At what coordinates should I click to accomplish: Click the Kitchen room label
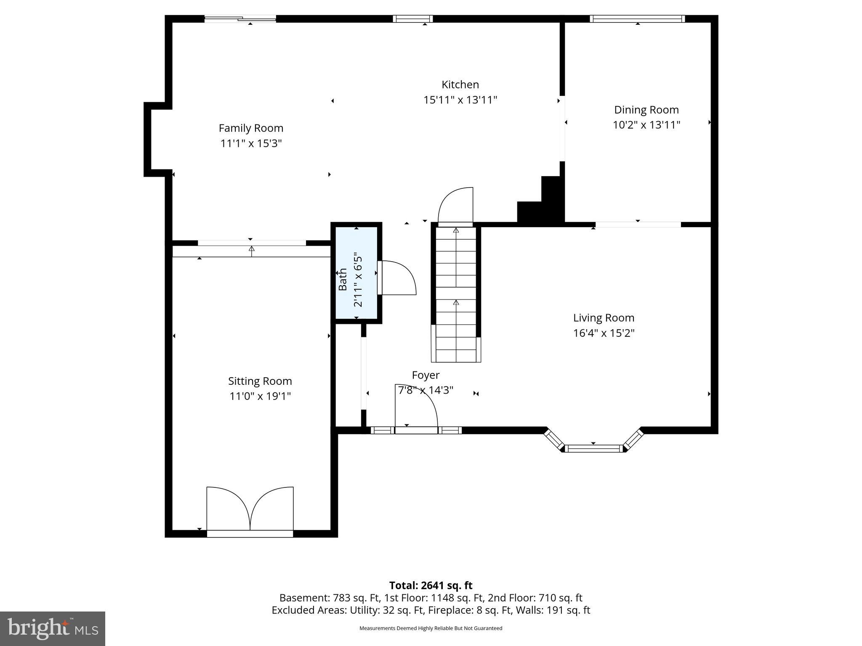(460, 85)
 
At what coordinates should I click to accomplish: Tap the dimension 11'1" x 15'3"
(251, 143)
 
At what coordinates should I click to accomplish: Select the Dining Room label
(646, 110)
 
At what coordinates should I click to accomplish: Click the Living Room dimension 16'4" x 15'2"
(604, 333)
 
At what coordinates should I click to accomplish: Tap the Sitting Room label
(260, 381)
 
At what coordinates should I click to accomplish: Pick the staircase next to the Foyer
(456, 294)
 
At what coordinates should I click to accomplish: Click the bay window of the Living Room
(593, 448)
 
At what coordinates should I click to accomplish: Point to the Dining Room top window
(637, 19)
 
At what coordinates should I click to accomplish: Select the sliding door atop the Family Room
(240, 19)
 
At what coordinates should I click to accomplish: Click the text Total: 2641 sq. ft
(431, 585)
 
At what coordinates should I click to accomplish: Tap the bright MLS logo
(53, 628)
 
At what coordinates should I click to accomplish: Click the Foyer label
(426, 375)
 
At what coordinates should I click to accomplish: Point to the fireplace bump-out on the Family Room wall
(154, 139)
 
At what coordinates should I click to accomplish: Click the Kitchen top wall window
(413, 19)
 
